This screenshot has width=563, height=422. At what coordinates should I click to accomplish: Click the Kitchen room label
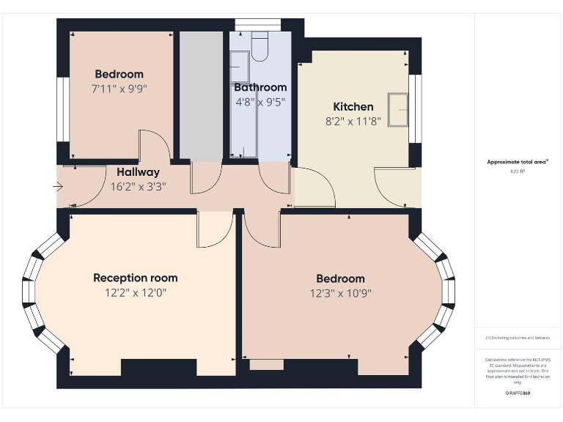click(x=353, y=107)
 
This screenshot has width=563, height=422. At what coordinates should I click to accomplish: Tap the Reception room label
click(x=135, y=278)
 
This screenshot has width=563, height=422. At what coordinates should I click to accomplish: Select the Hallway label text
click(x=138, y=172)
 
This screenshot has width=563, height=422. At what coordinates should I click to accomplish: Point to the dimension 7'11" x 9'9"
click(x=119, y=89)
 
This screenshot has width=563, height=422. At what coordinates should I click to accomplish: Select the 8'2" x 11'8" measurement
click(x=353, y=122)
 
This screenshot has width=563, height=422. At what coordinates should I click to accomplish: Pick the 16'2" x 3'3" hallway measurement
click(x=138, y=186)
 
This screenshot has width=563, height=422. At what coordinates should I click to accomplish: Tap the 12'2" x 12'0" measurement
click(x=135, y=292)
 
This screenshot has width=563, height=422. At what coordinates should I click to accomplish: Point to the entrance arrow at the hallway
click(x=59, y=187)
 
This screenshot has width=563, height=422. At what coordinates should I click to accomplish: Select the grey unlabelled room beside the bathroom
click(x=201, y=95)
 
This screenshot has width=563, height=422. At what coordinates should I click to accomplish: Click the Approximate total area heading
click(x=518, y=162)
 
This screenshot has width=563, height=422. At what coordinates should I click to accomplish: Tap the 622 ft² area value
click(x=518, y=171)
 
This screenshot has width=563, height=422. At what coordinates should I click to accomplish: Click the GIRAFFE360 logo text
click(x=518, y=393)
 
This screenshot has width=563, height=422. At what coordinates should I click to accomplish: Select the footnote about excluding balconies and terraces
click(x=518, y=338)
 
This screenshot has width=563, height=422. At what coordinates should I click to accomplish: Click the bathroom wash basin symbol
click(x=238, y=70)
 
